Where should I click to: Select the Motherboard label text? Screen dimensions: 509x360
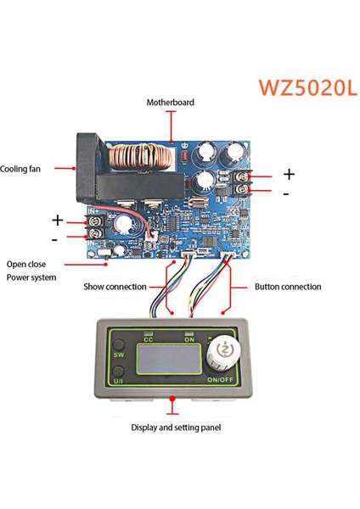click(171, 103)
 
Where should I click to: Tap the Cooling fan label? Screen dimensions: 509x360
click(21, 169)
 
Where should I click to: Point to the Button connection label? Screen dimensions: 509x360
click(288, 287)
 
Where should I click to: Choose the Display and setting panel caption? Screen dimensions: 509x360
click(177, 428)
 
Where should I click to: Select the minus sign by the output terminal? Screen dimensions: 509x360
click(286, 193)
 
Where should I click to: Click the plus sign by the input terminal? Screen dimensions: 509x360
click(59, 220)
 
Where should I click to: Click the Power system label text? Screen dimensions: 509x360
click(32, 277)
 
